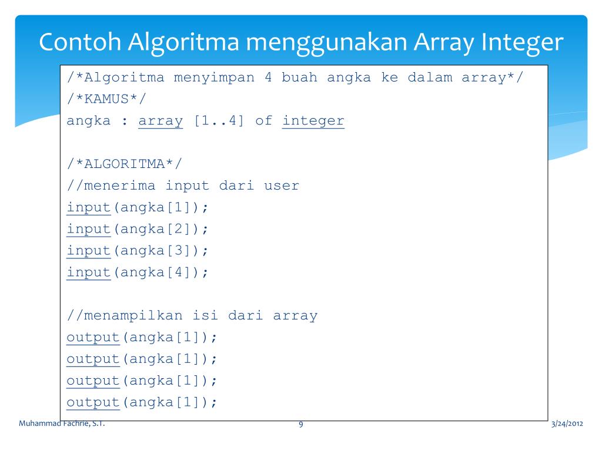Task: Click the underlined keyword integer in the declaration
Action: [x=313, y=122]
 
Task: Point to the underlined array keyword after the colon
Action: [x=160, y=122]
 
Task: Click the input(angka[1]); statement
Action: [x=138, y=207]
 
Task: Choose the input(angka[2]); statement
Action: [x=138, y=229]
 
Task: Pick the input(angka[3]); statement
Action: [x=138, y=251]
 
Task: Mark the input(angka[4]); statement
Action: [x=138, y=272]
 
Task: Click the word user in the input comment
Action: [x=281, y=186]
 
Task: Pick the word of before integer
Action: [x=263, y=122]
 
